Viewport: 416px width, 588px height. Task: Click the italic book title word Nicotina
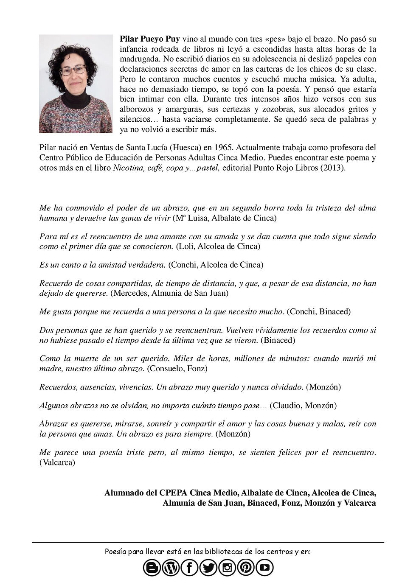pos(127,168)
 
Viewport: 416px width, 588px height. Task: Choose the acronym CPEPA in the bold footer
pos(173,493)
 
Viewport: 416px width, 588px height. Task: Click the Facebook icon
pos(189,568)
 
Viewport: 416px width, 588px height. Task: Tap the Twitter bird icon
pos(208,568)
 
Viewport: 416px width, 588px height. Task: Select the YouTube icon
pos(264,568)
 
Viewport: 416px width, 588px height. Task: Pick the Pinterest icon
pos(246,568)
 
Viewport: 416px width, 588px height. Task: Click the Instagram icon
pos(227,568)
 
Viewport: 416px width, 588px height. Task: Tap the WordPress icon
pos(171,568)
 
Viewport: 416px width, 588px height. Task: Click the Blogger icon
pos(152,568)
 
